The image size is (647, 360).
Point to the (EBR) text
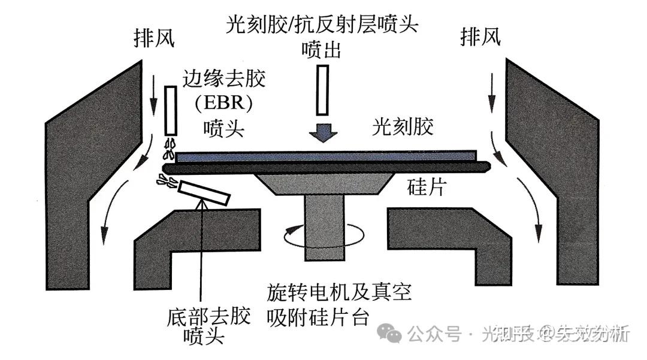(223, 103)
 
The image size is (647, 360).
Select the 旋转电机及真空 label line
(339, 293)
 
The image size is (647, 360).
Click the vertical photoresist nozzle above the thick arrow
(322, 90)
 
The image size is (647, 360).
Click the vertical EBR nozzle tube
(170, 111)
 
